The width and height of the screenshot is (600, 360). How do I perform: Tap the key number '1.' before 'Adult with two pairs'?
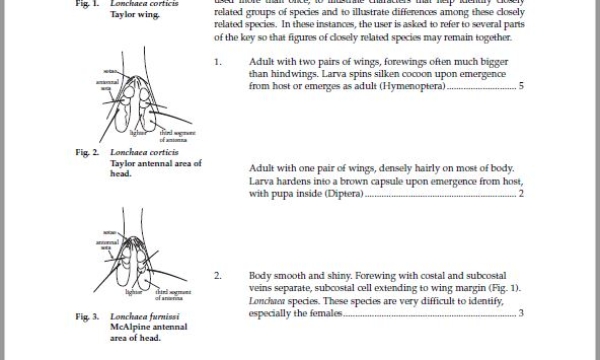click(x=217, y=61)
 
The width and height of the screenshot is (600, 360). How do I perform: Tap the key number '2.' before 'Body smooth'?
click(x=217, y=274)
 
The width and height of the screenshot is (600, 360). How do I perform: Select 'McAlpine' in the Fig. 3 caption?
click(x=131, y=327)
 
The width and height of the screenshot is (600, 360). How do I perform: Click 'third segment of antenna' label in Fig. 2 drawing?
click(x=162, y=136)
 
